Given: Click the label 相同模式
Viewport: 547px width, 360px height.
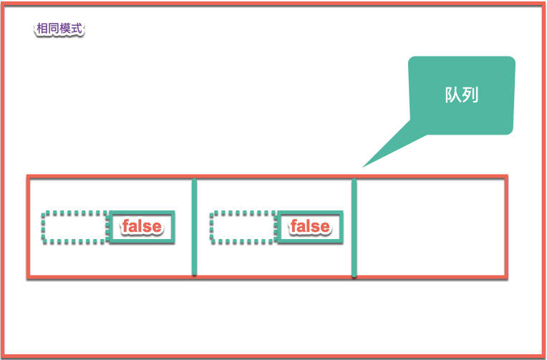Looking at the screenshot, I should [59, 29].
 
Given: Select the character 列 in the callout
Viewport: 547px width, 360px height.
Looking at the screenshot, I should [470, 95].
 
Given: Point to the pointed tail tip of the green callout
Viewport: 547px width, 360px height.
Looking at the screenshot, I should [363, 167].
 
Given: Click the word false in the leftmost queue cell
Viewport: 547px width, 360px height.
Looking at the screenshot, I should [142, 226].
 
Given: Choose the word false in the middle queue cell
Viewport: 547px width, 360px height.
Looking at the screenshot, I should [309, 226].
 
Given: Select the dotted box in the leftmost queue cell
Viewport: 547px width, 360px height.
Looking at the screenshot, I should [75, 227].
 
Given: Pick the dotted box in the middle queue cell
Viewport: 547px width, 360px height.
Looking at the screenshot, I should [243, 227].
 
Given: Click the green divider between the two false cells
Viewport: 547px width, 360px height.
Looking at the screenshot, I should [194, 227].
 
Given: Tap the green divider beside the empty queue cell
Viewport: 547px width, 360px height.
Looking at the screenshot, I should [354, 227].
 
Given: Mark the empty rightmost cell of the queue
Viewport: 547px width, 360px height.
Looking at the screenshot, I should [430, 227].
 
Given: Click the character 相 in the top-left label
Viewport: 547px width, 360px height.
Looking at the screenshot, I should [42, 29].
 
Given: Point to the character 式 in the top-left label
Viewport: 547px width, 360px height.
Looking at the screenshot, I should [77, 29].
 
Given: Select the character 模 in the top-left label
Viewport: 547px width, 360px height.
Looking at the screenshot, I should [65, 29].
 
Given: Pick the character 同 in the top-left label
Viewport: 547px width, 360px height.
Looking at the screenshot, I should [53, 29].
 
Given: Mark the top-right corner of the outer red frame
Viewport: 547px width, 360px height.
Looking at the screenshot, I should [543, 4].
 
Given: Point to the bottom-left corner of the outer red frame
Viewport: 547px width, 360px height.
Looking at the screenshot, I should [4, 356].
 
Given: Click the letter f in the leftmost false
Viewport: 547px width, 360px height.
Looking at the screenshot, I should [125, 226].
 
